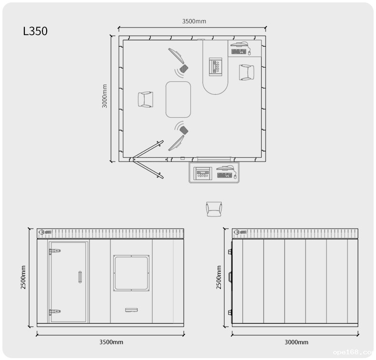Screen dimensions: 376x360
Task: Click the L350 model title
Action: [x=35, y=31]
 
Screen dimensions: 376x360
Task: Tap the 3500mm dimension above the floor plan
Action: [x=194, y=21]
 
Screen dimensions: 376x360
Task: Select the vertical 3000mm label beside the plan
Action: [x=105, y=96]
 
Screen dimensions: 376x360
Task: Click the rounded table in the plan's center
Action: [x=178, y=100]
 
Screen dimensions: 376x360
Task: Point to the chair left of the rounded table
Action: [x=146, y=100]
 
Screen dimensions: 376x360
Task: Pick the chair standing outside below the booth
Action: [x=214, y=209]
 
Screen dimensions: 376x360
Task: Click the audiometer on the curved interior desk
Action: [x=215, y=67]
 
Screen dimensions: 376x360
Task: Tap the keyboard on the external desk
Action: [x=225, y=175]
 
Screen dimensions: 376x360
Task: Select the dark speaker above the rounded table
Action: [x=184, y=69]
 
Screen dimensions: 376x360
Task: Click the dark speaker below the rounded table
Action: [x=184, y=130]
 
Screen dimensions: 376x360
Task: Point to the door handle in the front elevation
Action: [x=80, y=277]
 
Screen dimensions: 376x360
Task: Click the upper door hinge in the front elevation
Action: [x=55, y=251]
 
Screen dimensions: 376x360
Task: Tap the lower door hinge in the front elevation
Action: [x=55, y=312]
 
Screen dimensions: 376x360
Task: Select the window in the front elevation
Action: [x=131, y=273]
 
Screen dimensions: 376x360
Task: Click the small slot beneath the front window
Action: [x=131, y=310]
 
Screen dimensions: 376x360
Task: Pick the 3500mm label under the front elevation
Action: [x=111, y=342]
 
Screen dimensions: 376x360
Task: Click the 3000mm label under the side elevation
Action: [x=297, y=342]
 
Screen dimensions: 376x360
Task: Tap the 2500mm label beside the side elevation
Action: [x=218, y=277]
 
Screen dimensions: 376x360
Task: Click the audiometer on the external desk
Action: [x=203, y=173]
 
